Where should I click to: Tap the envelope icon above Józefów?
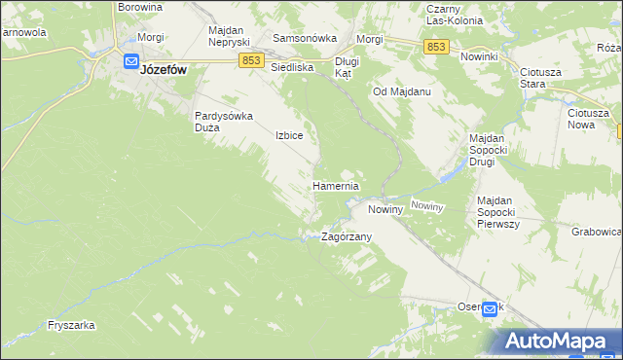131,60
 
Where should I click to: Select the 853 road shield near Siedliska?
250,60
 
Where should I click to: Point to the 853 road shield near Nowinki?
436,47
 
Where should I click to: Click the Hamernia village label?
336,186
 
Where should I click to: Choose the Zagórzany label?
347,236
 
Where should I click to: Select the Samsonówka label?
304,39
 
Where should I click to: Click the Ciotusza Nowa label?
588,119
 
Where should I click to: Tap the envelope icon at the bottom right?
490,309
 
